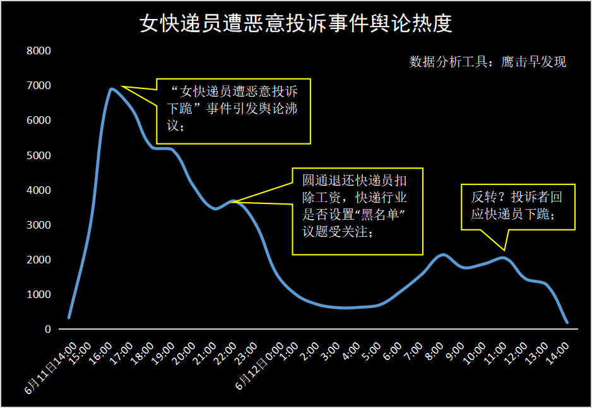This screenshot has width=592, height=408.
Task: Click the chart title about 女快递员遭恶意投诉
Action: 296,24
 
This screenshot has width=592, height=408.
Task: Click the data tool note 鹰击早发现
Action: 488,62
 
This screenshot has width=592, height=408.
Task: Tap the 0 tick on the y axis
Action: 47,329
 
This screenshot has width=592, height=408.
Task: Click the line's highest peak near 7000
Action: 112,89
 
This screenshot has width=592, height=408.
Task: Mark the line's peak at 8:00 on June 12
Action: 443,255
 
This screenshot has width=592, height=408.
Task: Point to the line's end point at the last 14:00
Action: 567,322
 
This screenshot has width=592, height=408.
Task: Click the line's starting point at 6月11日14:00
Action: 69,317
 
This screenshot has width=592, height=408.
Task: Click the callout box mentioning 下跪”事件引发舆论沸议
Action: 234,111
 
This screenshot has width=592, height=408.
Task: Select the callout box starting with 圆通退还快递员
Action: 357,211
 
